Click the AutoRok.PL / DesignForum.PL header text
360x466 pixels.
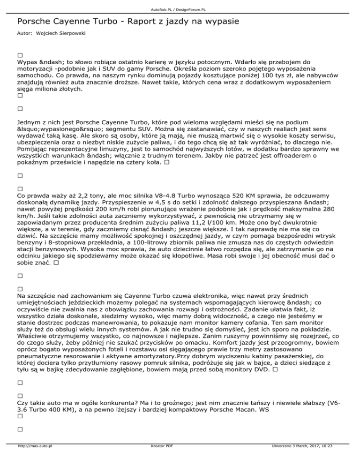point(180,4)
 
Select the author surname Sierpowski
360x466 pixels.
point(75,35)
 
